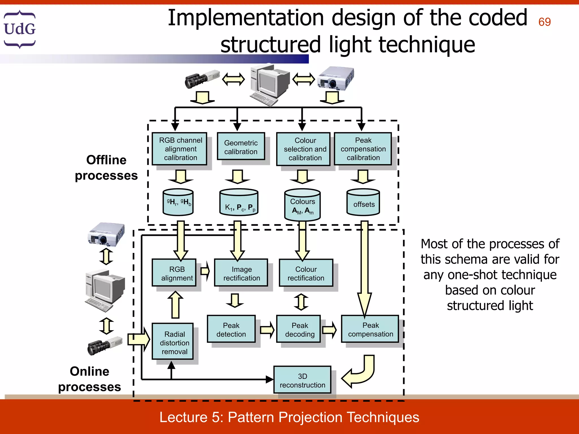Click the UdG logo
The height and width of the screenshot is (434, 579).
(x=20, y=29)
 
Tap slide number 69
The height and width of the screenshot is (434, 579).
(x=544, y=22)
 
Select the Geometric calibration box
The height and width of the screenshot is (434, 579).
(x=241, y=147)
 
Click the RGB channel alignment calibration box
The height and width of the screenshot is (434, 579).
(x=180, y=149)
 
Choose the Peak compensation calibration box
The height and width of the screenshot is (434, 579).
(x=363, y=149)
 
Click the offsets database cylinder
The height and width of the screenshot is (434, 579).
(x=363, y=203)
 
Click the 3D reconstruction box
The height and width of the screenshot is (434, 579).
(x=302, y=380)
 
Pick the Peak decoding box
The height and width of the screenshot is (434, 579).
(x=299, y=329)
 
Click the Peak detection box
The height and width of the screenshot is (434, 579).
(x=231, y=329)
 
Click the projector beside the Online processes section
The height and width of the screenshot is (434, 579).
(x=106, y=234)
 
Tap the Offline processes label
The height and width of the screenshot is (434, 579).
(x=106, y=168)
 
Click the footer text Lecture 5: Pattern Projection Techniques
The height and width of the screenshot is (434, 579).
(x=289, y=417)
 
